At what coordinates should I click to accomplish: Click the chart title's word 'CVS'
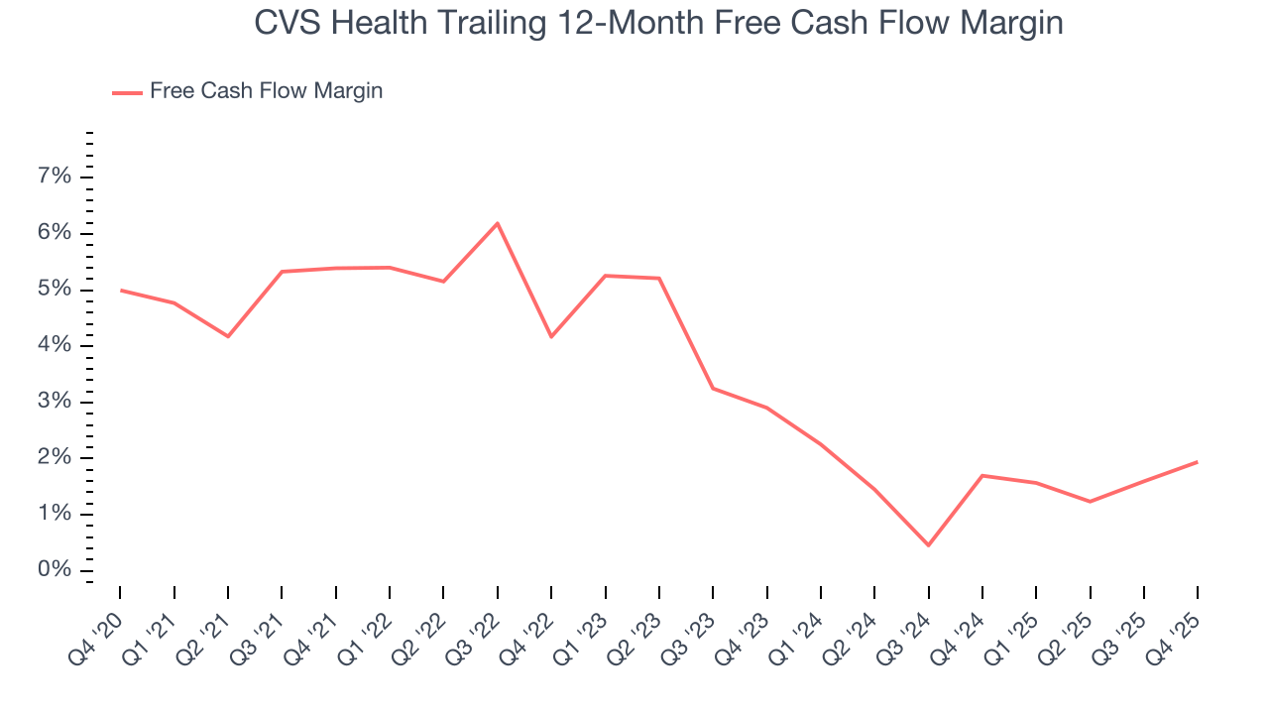tap(286, 22)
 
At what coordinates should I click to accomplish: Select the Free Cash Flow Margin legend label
tap(266, 91)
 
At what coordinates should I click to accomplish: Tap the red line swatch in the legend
tap(127, 92)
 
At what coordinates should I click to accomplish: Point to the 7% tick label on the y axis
tap(55, 177)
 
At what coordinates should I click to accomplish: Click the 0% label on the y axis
tap(55, 570)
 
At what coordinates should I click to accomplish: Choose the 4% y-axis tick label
tap(55, 345)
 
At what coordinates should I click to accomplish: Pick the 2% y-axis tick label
tap(55, 457)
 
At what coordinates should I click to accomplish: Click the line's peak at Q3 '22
tap(498, 223)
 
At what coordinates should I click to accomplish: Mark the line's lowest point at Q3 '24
tap(929, 545)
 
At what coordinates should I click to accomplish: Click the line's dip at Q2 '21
tap(228, 336)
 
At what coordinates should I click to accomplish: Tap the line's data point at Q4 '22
tap(551, 337)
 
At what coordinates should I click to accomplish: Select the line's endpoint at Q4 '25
tap(1198, 462)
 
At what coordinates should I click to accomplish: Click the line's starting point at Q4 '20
tap(120, 290)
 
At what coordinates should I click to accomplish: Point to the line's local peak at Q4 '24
tap(982, 475)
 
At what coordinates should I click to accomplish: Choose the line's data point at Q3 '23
tap(713, 388)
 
